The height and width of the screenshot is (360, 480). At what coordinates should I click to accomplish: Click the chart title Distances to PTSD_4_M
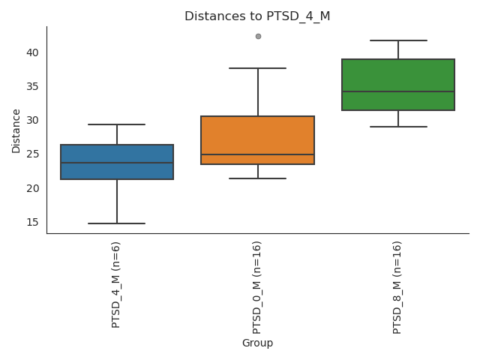point(257,16)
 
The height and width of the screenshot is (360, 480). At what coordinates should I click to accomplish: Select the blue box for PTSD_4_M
point(117,171)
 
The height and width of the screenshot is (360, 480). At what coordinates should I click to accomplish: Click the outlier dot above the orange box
point(258,36)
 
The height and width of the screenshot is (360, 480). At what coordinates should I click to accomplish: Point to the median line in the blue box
point(117,163)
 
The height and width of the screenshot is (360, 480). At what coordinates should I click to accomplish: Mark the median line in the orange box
point(257,154)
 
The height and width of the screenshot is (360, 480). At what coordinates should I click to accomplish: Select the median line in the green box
point(398,91)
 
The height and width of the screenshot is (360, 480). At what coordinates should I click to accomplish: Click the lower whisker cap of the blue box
point(117,223)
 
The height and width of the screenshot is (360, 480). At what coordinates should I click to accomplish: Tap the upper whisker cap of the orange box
point(257,68)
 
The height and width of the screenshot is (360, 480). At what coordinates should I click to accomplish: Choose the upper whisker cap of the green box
point(398,40)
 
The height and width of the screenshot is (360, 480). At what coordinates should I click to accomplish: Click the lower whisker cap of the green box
point(398,127)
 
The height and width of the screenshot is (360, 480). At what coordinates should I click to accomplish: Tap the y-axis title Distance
point(16,130)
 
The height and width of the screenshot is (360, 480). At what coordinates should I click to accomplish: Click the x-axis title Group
point(257,343)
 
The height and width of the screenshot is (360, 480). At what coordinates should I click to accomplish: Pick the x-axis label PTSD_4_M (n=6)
point(116,284)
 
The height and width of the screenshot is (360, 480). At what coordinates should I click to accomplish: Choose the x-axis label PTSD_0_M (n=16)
point(257,287)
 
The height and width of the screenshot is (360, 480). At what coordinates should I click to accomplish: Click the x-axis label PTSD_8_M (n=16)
point(397,287)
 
